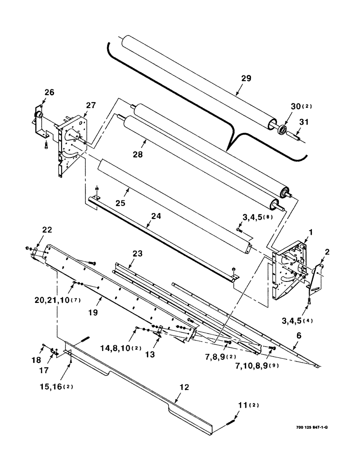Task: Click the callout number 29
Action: (x=246, y=78)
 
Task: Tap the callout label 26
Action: (x=49, y=92)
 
